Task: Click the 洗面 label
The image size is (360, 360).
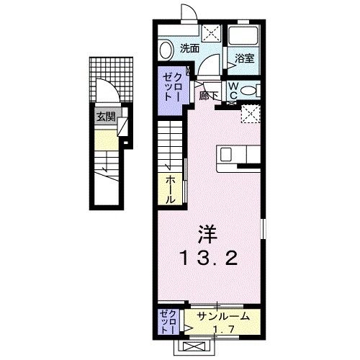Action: pyautogui.click(x=189, y=49)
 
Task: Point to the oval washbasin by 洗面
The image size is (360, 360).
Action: pyautogui.click(x=166, y=50)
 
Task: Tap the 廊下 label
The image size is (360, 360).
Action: pyautogui.click(x=209, y=94)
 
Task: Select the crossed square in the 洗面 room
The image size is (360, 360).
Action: pyautogui.click(x=211, y=32)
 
